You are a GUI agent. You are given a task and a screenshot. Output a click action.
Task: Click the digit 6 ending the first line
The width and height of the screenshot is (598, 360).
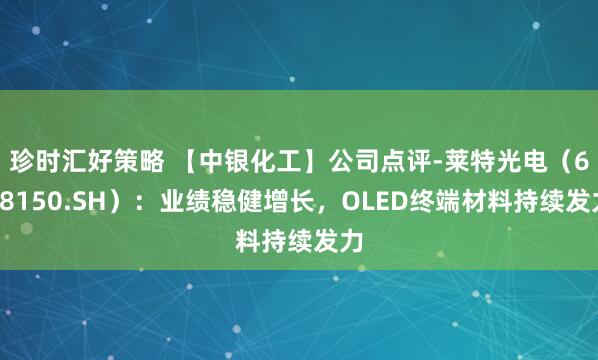click(584, 159)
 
